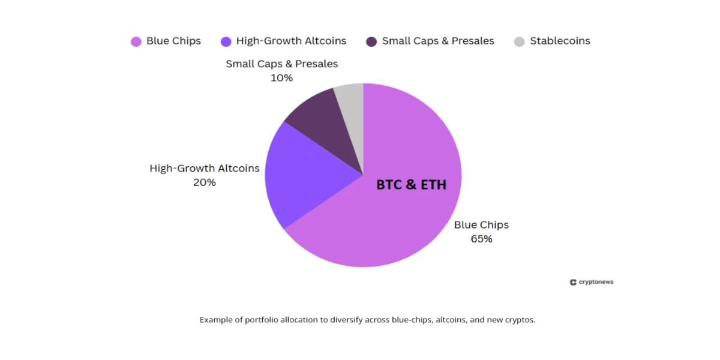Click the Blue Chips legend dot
(x=136, y=41)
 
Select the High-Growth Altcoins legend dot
(x=226, y=41)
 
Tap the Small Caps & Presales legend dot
(x=371, y=41)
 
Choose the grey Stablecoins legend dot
(x=519, y=41)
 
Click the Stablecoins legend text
(x=560, y=41)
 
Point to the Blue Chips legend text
(x=173, y=41)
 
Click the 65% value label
(x=481, y=239)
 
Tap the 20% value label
(x=205, y=182)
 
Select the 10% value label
(x=281, y=78)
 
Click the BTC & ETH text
(x=411, y=185)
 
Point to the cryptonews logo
(x=592, y=282)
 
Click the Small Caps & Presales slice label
(x=281, y=64)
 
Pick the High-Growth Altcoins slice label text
(x=205, y=168)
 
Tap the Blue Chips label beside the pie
(x=481, y=225)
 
